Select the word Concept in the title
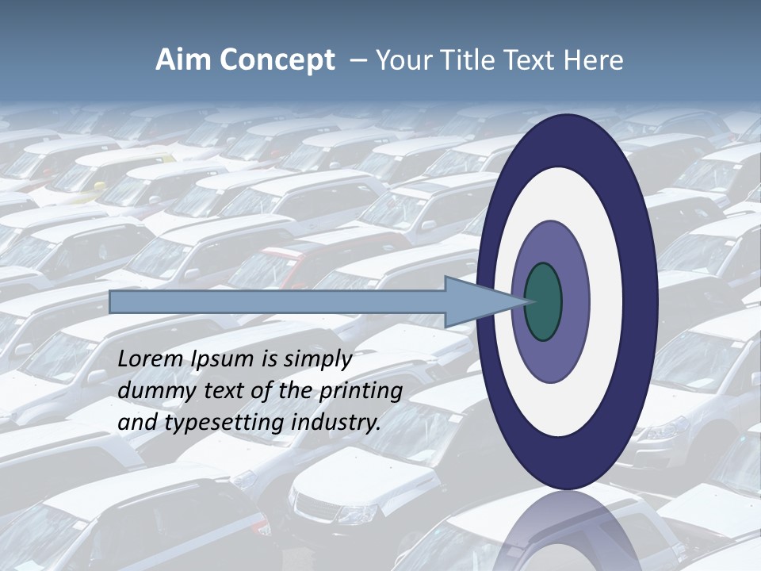[x=277, y=60]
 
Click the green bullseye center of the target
[x=543, y=301]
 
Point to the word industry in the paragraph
[x=337, y=423]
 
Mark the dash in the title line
[x=358, y=60]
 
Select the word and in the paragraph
[x=137, y=423]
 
